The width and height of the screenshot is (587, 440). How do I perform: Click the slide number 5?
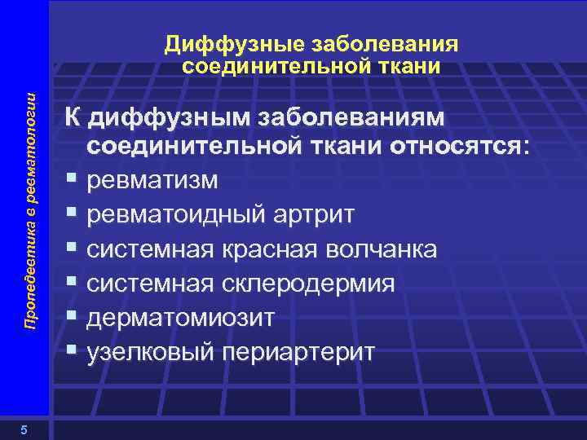click(25, 431)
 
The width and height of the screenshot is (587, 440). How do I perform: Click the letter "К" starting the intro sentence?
click(74, 118)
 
